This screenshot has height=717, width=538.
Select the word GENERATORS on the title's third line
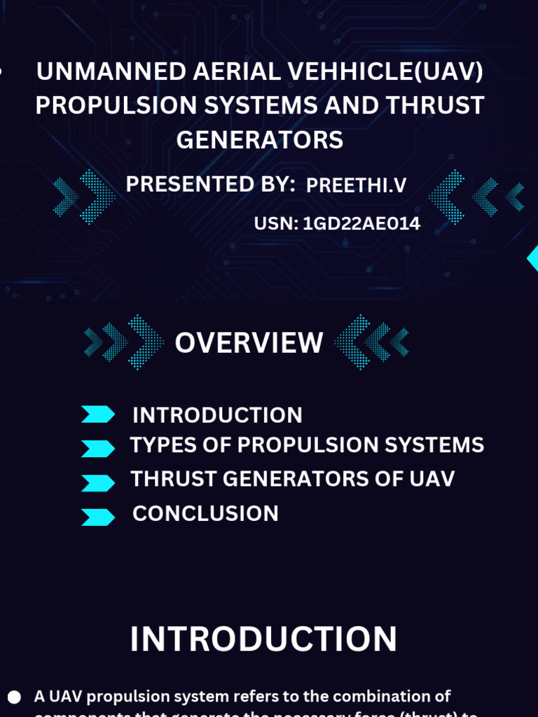[x=260, y=140]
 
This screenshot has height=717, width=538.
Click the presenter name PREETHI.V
[x=356, y=186]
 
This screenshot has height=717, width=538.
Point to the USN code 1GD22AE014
[x=361, y=224]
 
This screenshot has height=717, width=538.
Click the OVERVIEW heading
[x=249, y=343]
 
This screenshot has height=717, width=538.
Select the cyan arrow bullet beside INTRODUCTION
[x=97, y=415]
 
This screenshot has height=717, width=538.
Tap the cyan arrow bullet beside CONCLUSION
[x=97, y=517]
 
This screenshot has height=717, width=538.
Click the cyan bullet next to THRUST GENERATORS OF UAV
[x=97, y=482]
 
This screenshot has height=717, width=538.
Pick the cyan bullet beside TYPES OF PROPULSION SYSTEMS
[x=97, y=448]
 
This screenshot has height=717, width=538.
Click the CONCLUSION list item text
[x=205, y=514]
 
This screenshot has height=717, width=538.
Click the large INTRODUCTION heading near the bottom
[x=263, y=639]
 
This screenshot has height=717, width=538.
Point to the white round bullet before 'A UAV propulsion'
[x=14, y=697]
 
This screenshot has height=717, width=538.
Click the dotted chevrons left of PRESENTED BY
[x=85, y=197]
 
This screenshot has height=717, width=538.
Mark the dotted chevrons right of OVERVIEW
[x=371, y=342]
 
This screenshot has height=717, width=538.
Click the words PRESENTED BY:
[x=210, y=185]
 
